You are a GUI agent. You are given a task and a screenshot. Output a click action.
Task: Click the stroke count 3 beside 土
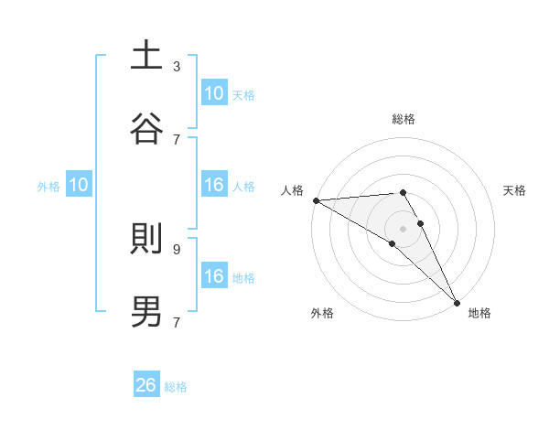(177, 66)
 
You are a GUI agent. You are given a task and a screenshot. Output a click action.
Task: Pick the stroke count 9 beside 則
(177, 248)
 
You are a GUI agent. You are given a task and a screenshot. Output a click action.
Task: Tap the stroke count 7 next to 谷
(177, 139)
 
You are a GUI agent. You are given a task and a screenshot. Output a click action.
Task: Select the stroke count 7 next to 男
(177, 322)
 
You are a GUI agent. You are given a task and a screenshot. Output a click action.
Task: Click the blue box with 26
(146, 385)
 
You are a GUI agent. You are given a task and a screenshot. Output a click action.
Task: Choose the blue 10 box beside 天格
(213, 93)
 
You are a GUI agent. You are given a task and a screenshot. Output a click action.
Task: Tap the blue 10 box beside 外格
(79, 185)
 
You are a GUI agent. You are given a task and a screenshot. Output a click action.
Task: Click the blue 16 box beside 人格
(213, 185)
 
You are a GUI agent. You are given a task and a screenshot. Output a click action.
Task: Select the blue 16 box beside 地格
(213, 276)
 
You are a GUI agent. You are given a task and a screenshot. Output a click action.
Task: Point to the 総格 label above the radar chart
(404, 119)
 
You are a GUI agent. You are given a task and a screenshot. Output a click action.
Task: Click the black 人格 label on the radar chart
(292, 190)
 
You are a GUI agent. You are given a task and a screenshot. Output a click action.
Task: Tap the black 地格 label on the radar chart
(479, 314)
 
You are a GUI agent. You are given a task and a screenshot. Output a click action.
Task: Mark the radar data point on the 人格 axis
(316, 200)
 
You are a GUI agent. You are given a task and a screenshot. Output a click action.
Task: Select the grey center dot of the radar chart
(404, 229)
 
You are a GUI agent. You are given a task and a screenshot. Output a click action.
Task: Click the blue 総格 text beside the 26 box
(176, 387)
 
